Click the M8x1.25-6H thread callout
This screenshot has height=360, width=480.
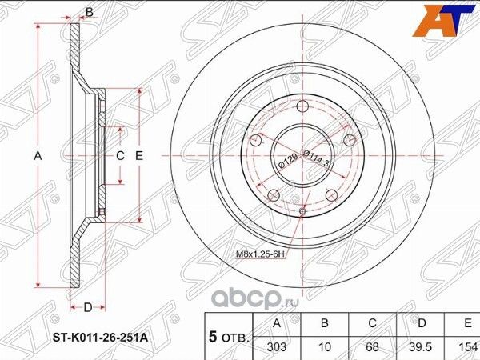coord(260,254)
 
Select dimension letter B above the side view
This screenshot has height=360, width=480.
coord(90,11)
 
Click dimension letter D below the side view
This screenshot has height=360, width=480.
coord(89,306)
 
